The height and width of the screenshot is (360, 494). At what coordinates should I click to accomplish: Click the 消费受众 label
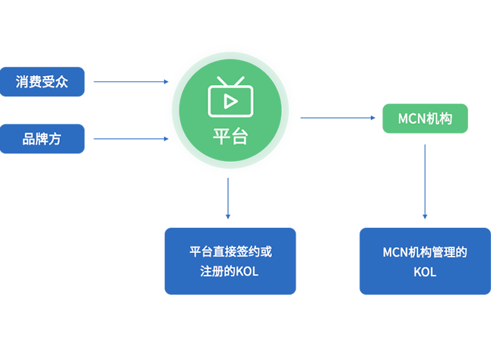[x=42, y=82]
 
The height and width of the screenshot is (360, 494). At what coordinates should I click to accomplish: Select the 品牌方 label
[x=42, y=139]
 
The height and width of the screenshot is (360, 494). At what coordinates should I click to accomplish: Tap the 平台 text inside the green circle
[x=230, y=137]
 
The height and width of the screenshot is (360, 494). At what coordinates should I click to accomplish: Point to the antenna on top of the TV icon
[x=230, y=81]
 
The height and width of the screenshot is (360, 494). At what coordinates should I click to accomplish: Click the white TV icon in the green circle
[x=230, y=96]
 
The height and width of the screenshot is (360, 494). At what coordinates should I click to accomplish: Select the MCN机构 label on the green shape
[x=425, y=118]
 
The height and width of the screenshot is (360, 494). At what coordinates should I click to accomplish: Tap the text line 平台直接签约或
[x=230, y=251]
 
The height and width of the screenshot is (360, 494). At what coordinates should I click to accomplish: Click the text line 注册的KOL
[x=230, y=271]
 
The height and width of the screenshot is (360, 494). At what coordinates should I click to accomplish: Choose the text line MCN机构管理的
[x=424, y=251]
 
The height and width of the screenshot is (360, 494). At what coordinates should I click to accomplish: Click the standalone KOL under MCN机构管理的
[x=425, y=272]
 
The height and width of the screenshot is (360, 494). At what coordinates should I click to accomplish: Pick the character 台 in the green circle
[x=239, y=137]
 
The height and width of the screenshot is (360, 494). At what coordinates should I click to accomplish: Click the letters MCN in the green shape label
[x=412, y=118]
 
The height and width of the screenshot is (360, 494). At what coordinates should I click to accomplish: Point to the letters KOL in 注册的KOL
[x=246, y=271]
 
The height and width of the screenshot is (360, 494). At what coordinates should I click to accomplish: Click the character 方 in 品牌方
[x=55, y=139]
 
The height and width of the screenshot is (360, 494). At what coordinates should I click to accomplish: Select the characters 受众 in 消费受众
[x=55, y=82]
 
